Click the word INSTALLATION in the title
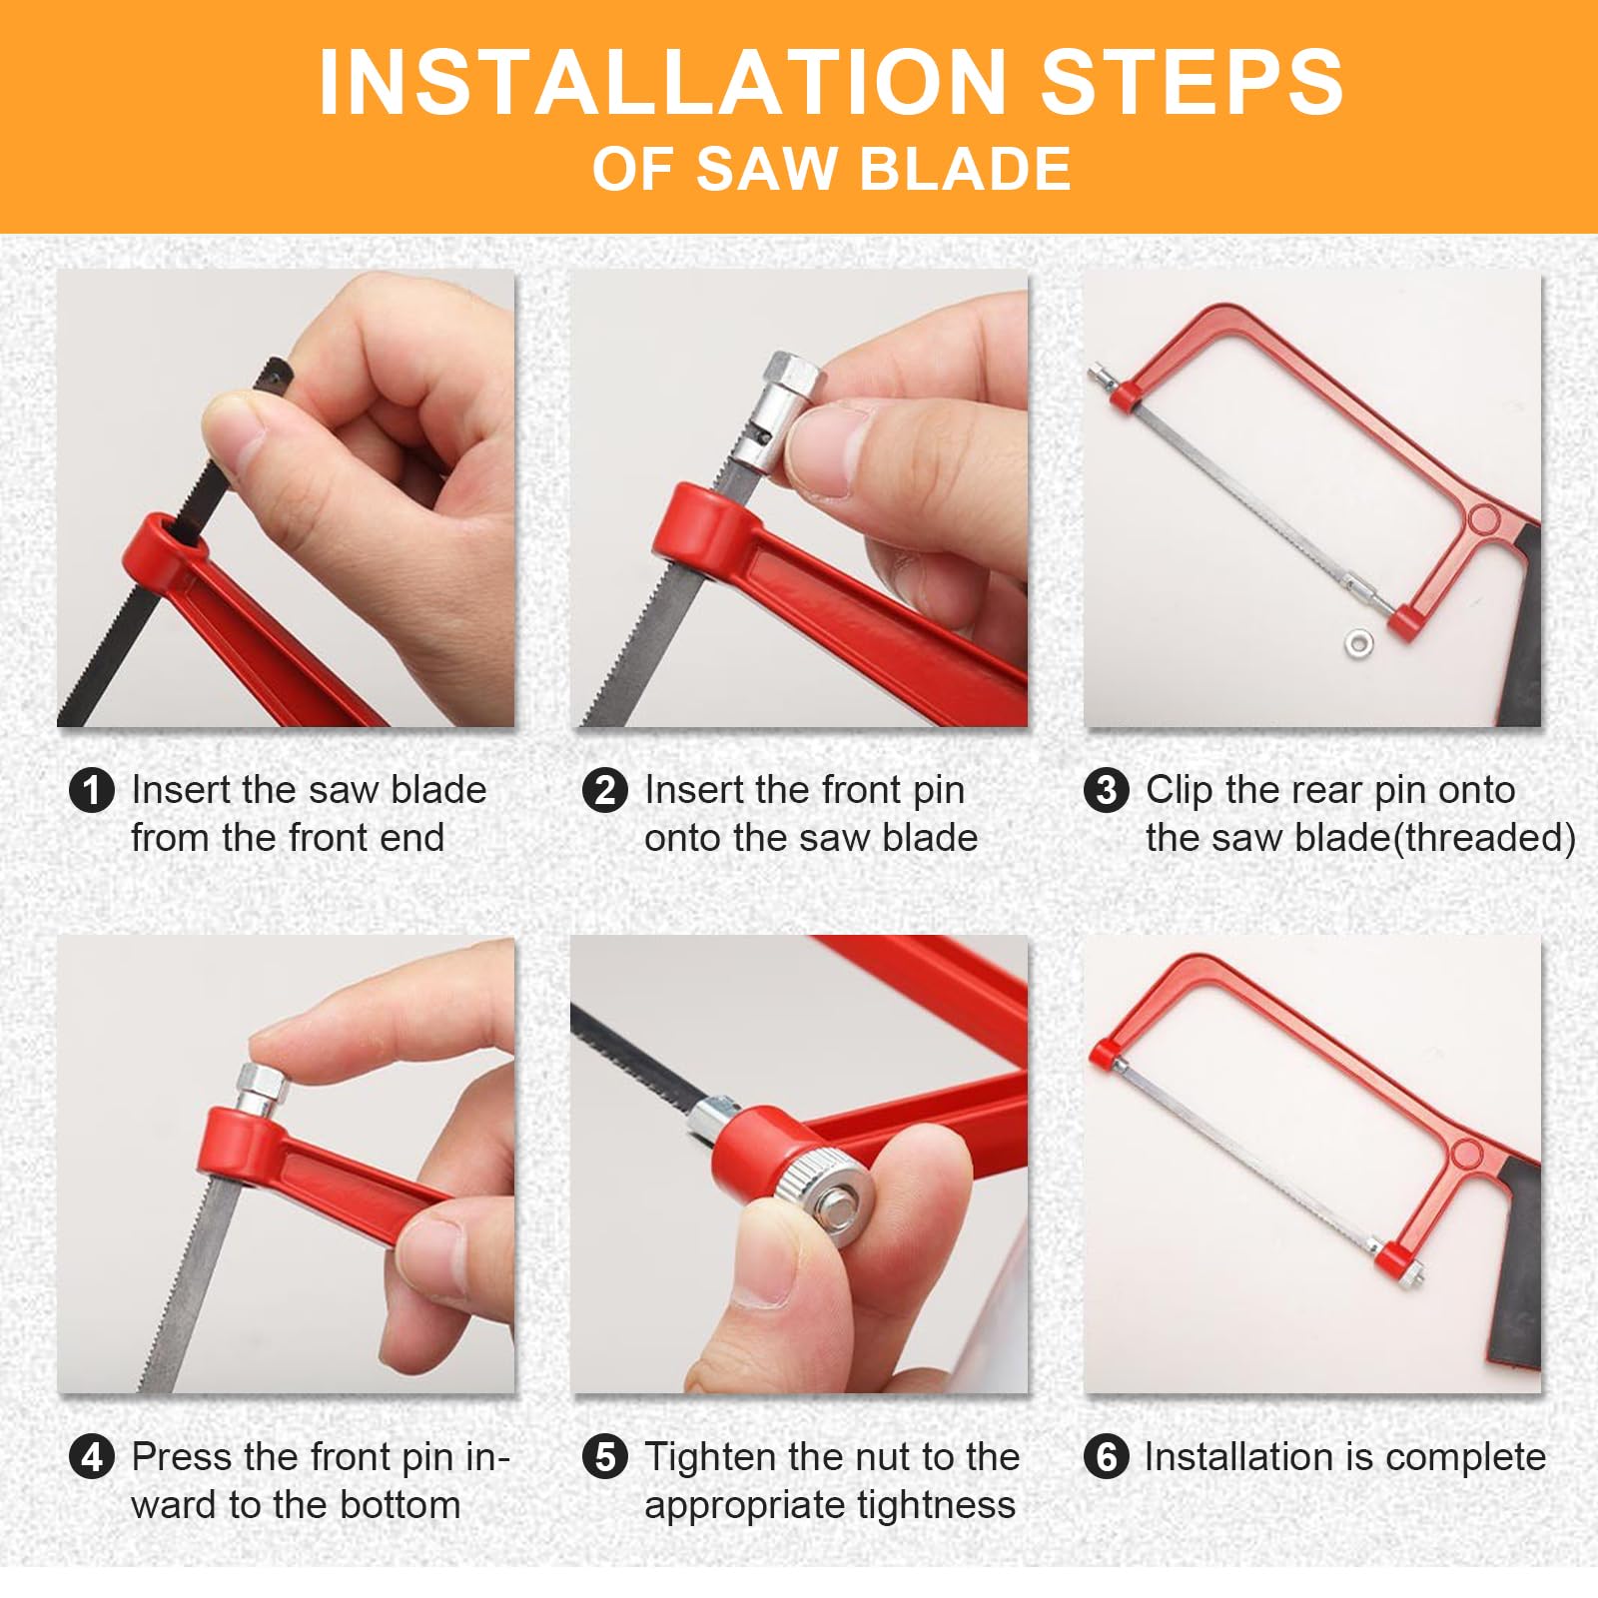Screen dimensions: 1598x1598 coord(661,82)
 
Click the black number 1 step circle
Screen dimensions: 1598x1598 coord(92,791)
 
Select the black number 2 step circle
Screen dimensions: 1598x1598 coord(605,791)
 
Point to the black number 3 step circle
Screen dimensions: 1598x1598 coord(1106,791)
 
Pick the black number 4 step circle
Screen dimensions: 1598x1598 coord(92,1458)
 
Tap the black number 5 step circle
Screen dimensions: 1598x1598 coord(605,1458)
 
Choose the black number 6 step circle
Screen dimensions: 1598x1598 coord(1106,1458)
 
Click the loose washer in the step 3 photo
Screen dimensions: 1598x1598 coord(1359,644)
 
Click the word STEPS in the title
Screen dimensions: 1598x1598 coord(1193,82)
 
